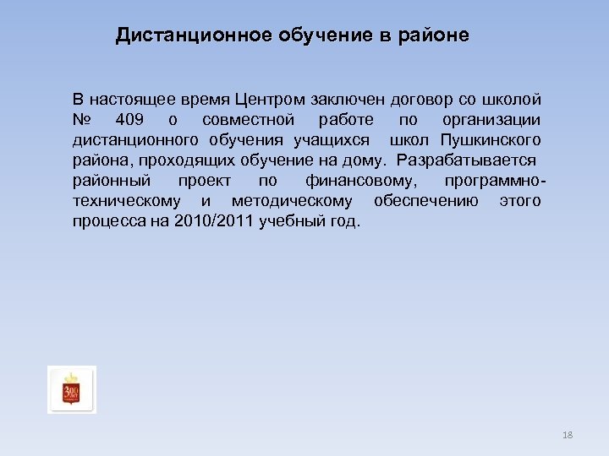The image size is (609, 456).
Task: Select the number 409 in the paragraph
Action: click(x=131, y=118)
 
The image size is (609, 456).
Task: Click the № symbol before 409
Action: click(x=82, y=118)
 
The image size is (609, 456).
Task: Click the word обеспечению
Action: click(x=425, y=200)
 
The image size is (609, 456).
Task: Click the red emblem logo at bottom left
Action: click(x=72, y=389)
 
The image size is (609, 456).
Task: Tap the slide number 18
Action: click(x=568, y=435)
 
